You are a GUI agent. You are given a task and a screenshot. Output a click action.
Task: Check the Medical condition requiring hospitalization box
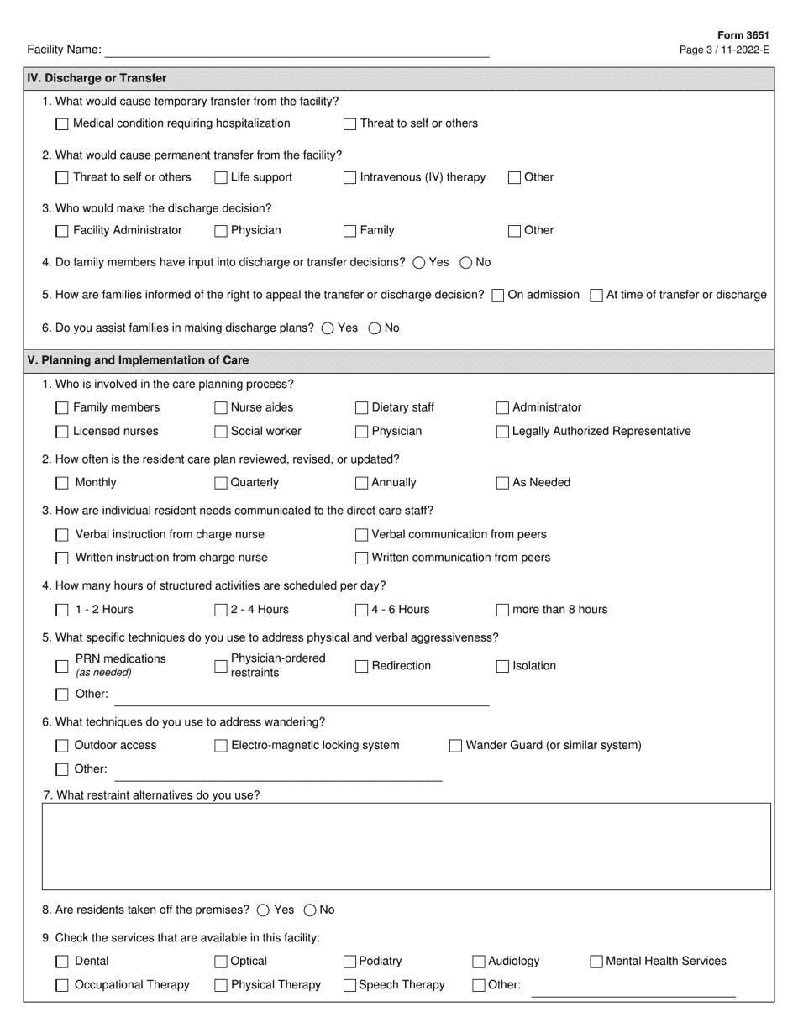(62, 124)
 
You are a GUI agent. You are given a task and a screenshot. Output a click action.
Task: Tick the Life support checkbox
(221, 178)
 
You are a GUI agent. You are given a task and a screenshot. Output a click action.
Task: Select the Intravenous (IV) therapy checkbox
(350, 178)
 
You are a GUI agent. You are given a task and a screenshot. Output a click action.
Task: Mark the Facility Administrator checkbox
(62, 231)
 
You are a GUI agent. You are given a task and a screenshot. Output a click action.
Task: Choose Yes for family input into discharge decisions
(419, 263)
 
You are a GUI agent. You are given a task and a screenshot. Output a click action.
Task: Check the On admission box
(498, 296)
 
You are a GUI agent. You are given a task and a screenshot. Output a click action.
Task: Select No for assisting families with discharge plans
(375, 328)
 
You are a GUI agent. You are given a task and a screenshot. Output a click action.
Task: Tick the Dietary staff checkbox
(361, 408)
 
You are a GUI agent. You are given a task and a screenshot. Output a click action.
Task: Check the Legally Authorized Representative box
(502, 432)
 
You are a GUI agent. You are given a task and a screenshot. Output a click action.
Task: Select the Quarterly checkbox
(221, 483)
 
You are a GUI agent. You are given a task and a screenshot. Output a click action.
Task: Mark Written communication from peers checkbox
(361, 558)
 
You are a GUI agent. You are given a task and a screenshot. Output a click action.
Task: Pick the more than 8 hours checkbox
(502, 611)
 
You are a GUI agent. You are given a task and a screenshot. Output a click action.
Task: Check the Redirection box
(361, 667)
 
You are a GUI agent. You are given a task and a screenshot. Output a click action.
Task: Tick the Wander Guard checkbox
(455, 746)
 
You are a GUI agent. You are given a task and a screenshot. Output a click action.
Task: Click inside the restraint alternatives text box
(406, 847)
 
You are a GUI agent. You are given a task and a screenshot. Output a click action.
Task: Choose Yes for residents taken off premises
(264, 910)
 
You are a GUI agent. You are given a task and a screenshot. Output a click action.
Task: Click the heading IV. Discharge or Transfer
(97, 78)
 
